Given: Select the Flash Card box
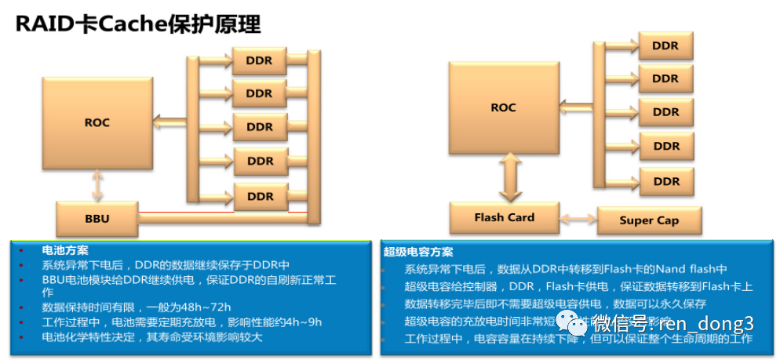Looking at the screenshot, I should coord(504,217).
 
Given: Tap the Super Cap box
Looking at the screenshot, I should coord(648,220).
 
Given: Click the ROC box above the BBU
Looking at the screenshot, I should coord(97,122).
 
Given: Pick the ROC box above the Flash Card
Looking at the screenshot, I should coord(503,107).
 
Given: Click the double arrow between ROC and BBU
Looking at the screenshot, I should coord(97,184).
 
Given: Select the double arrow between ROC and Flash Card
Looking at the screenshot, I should coord(504,177).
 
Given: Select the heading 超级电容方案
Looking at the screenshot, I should coord(417,252).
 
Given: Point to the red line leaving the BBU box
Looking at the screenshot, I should coord(220,212).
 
